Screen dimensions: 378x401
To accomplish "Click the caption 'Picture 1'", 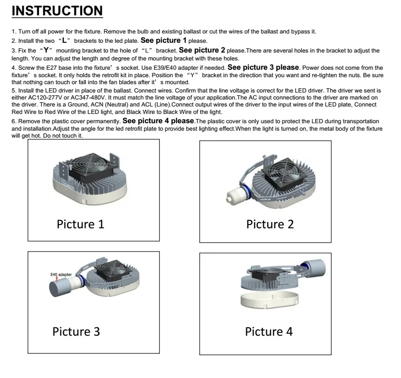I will (80, 224).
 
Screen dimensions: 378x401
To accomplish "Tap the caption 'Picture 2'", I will (270, 224).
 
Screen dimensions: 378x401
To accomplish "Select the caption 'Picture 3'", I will (76, 332).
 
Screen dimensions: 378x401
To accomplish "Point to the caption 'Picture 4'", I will (269, 332).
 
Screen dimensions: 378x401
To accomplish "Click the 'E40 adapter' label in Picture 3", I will (61, 274).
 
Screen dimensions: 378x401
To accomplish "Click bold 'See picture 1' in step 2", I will (164, 40).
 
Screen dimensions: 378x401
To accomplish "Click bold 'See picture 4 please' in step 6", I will (159, 121).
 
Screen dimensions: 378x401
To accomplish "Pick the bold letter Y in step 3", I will (46, 50).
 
